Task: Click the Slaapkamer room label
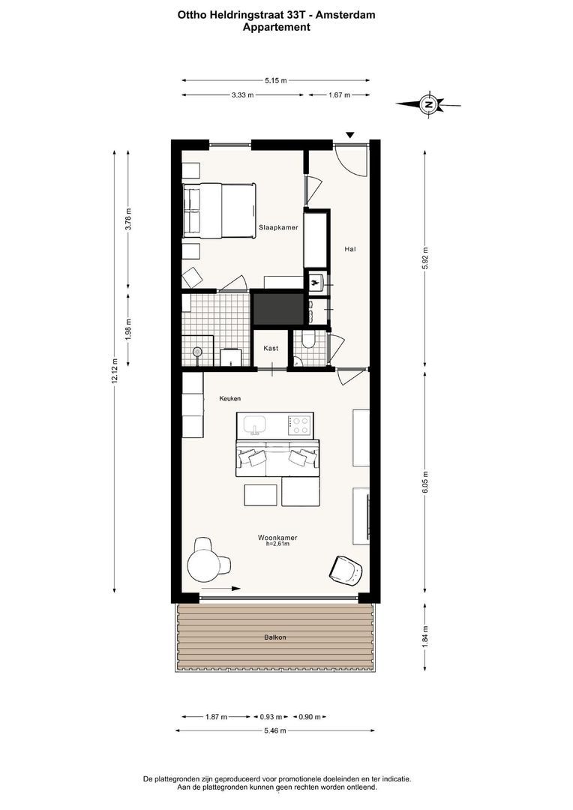(278, 227)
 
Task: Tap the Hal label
(349, 249)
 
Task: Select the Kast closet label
(271, 348)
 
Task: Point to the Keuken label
(230, 399)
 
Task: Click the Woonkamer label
(277, 538)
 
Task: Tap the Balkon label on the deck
(274, 637)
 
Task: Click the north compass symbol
(428, 104)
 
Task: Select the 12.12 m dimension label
(115, 370)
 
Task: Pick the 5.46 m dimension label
(274, 730)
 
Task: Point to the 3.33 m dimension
(242, 95)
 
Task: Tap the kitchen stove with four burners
(300, 426)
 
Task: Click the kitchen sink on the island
(255, 425)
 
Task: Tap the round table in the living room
(202, 566)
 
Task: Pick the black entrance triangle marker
(350, 135)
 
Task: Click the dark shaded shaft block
(278, 308)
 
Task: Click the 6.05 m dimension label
(425, 482)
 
